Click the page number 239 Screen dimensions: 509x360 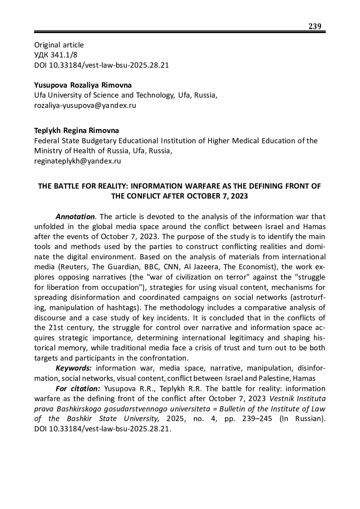315,26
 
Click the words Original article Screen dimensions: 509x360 59,45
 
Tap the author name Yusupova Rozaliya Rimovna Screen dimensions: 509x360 83,85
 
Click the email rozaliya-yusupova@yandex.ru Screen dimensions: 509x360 85,106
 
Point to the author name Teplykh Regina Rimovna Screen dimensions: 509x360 76,130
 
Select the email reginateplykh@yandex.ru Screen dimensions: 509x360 77,161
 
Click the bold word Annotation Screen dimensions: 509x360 75,217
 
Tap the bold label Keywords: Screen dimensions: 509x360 73,368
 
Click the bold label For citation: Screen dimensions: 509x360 78,389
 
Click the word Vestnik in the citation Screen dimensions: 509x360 283,399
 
